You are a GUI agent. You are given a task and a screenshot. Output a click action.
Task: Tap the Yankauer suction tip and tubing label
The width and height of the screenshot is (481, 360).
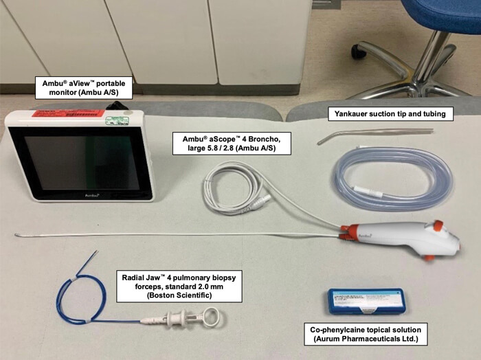pos(391,113)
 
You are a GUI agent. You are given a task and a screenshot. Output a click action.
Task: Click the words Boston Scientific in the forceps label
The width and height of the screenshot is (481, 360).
pos(178,296)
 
